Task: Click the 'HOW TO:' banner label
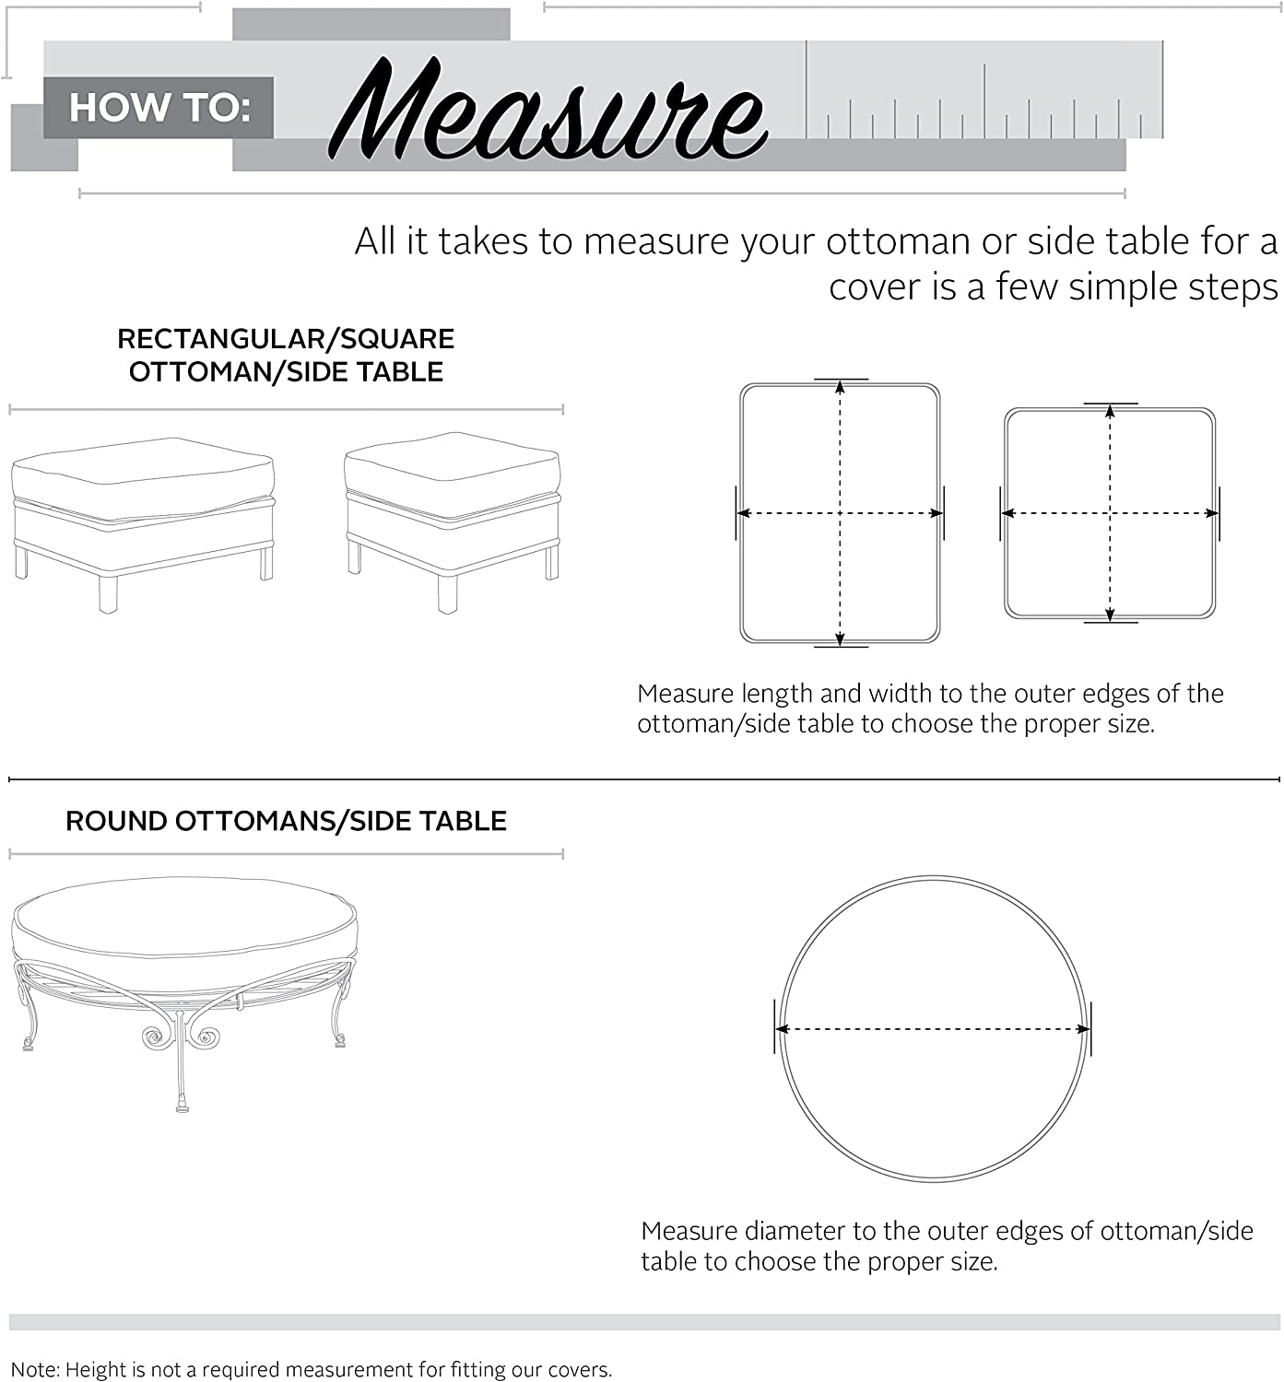(159, 108)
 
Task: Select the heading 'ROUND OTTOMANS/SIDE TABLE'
(286, 821)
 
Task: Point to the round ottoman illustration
(184, 977)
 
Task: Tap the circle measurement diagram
(933, 1029)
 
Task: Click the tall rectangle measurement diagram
(840, 513)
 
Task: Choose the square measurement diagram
(1110, 513)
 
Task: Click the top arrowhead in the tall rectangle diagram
(840, 387)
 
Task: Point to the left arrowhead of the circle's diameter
(783, 1029)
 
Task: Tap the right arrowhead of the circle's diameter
(1084, 1029)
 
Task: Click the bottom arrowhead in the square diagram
(1110, 615)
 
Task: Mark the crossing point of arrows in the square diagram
(1110, 513)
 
